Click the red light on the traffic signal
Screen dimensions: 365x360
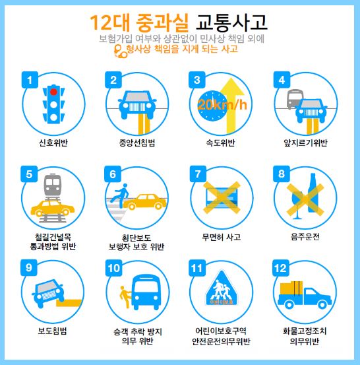click(x=53, y=92)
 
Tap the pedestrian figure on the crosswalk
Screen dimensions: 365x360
click(x=119, y=196)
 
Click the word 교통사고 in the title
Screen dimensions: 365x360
click(x=232, y=22)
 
